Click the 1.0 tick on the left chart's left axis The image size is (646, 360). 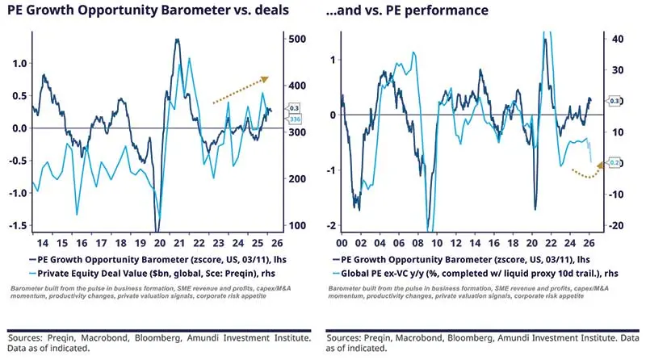click(x=19, y=64)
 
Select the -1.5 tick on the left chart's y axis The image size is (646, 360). click(x=17, y=225)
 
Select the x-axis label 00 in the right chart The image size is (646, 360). click(x=342, y=242)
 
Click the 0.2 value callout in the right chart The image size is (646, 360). click(x=615, y=163)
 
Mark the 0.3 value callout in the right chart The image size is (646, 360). click(x=615, y=101)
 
